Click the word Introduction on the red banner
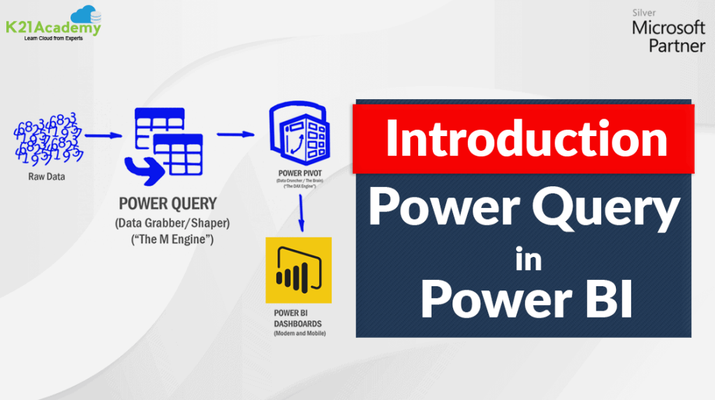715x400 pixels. pos(526,138)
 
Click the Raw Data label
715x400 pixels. pos(48,177)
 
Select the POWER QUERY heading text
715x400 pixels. pos(168,204)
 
